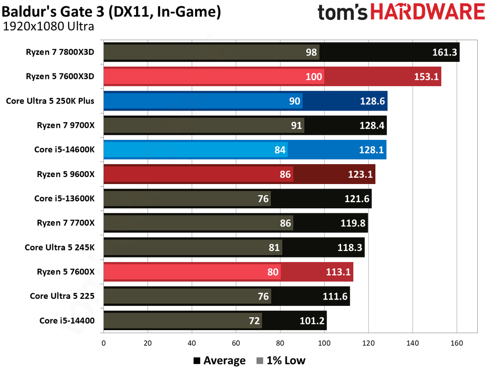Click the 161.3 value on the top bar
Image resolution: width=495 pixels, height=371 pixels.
pyautogui.click(x=444, y=52)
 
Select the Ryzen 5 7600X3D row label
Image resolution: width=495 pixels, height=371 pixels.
pyautogui.click(x=60, y=76)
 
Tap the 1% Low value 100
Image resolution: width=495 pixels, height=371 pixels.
pyautogui.click(x=313, y=77)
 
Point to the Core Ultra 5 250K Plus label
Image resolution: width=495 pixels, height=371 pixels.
pyautogui.click(x=50, y=101)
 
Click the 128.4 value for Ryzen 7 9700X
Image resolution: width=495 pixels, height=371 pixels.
pyautogui.click(x=372, y=125)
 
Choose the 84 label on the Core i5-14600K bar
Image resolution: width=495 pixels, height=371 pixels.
pyautogui.click(x=280, y=150)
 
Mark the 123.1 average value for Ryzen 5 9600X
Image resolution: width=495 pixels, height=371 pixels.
pyautogui.click(x=361, y=174)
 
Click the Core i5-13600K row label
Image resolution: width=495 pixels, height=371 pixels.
pyautogui.click(x=64, y=198)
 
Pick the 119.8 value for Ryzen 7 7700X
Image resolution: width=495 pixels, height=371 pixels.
pyautogui.click(x=353, y=223)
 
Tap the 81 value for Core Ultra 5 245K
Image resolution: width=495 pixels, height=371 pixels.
pyautogui.click(x=274, y=248)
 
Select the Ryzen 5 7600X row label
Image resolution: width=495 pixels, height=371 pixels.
pyautogui.click(x=66, y=272)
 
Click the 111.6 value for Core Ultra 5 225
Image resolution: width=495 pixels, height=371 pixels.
pyautogui.click(x=335, y=296)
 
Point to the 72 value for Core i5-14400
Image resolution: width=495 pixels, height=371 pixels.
pyautogui.click(x=254, y=321)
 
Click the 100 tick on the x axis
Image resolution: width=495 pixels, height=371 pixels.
pyautogui.click(x=324, y=343)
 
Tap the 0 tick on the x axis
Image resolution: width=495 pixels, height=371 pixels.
pyautogui.click(x=104, y=343)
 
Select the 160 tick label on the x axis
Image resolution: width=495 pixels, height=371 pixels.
pyautogui.click(x=457, y=343)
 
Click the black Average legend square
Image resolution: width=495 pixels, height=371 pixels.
pyautogui.click(x=197, y=361)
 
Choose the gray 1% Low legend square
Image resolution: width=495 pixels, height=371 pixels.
pyautogui.click(x=260, y=361)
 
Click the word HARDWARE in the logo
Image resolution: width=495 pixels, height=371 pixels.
pyautogui.click(x=428, y=12)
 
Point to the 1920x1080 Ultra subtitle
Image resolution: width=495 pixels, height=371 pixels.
pyautogui.click(x=48, y=26)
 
